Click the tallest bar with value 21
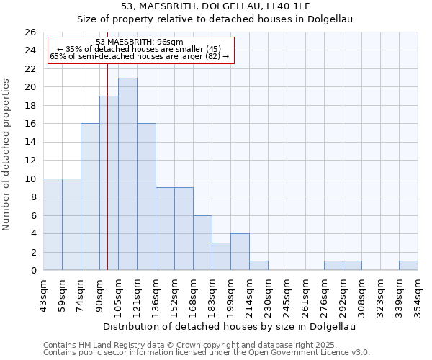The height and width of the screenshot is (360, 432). [127, 174]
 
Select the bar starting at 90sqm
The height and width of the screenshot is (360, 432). [109, 183]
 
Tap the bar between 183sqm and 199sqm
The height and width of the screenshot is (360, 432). [221, 256]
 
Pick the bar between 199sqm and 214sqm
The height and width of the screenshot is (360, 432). [240, 252]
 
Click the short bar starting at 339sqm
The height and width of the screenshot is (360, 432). [408, 266]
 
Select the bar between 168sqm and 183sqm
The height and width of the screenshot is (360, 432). [202, 243]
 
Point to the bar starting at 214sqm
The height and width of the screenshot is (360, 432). [258, 266]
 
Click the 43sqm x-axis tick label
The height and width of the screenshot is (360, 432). [44, 294]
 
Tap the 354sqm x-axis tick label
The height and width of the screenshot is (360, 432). [418, 294]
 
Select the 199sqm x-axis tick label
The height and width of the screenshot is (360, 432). [230, 294]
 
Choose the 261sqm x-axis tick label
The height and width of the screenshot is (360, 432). [305, 294]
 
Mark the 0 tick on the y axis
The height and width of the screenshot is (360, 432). [32, 271]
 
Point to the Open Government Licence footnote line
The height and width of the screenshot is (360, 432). [207, 353]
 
